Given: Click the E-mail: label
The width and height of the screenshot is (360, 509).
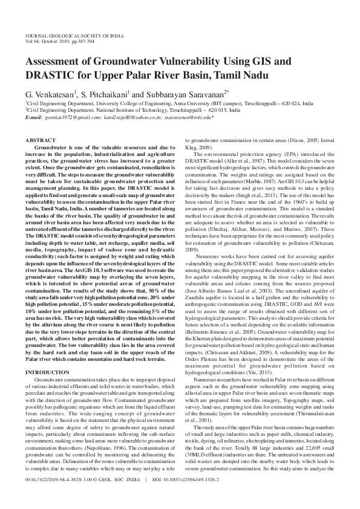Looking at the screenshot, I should [35, 117].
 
